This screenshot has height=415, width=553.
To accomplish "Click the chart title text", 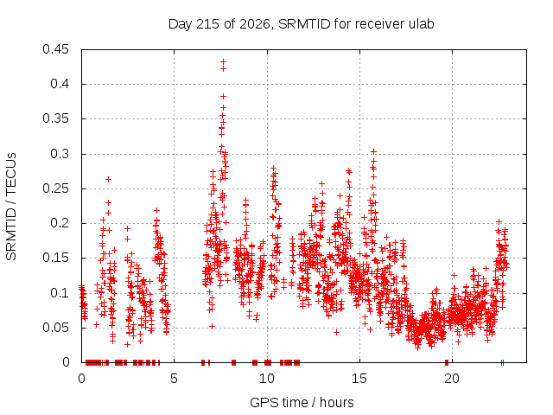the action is pyautogui.click(x=302, y=24).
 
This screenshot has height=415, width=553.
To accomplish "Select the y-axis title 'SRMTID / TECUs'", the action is pyautogui.click(x=11, y=207).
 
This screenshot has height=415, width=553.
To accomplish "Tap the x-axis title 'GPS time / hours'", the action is pyautogui.click(x=302, y=402).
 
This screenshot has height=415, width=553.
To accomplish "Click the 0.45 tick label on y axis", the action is pyautogui.click(x=55, y=49).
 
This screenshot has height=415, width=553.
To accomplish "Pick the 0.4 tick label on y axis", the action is pyautogui.click(x=60, y=84).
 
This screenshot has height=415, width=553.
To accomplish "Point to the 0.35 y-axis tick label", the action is pyautogui.click(x=55, y=118).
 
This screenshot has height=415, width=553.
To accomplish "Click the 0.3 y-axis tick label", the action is pyautogui.click(x=60, y=154).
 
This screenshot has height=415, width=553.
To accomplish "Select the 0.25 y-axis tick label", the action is pyautogui.click(x=55, y=188).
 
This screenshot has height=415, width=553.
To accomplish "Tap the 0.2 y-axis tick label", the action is pyautogui.click(x=60, y=223).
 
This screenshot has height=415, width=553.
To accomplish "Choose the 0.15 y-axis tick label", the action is pyautogui.click(x=55, y=258).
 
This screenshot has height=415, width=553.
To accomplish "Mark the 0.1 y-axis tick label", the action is pyautogui.click(x=60, y=293).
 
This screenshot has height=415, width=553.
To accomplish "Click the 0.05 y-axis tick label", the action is pyautogui.click(x=55, y=328).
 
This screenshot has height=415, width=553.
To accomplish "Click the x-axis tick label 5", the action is pyautogui.click(x=174, y=379).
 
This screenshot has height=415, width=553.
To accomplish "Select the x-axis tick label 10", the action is pyautogui.click(x=267, y=379).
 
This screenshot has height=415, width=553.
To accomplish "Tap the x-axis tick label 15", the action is pyautogui.click(x=359, y=379).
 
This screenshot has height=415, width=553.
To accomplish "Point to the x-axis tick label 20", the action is pyautogui.click(x=452, y=379).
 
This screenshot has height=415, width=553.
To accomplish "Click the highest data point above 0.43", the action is pyautogui.click(x=223, y=61).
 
